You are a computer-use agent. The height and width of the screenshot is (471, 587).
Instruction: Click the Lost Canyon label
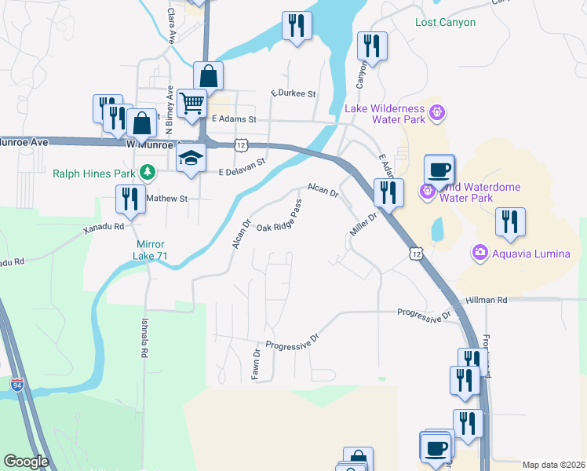coord(445,22)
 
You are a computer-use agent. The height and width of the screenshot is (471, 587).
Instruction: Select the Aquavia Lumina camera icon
coord(479,252)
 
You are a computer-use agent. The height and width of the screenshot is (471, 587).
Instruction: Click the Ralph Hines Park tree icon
coord(146,173)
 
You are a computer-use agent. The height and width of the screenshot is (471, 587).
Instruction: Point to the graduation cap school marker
coord(191,156)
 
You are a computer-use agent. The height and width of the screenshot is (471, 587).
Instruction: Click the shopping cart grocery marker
coord(191,102)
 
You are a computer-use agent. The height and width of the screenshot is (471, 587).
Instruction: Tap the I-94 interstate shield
coord(17,385)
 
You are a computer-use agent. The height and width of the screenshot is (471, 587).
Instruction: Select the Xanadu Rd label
coord(104,227)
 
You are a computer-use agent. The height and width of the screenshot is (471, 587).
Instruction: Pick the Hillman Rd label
coord(486,300)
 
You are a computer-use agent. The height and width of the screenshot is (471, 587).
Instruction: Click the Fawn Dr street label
coord(256,363)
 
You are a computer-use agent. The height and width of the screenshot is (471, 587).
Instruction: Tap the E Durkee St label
coord(293,93)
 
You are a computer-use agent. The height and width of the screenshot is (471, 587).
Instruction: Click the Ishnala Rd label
coord(144,338)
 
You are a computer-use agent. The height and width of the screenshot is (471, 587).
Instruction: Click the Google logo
coord(27,462)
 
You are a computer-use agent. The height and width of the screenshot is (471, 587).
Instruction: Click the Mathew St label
coord(167,199)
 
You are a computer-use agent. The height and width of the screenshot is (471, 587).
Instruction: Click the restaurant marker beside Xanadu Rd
coord(128,199)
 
